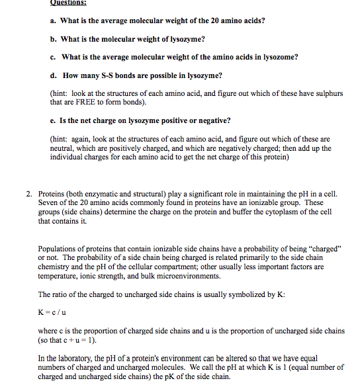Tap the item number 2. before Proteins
30,194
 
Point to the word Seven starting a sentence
50,203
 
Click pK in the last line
170,376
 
